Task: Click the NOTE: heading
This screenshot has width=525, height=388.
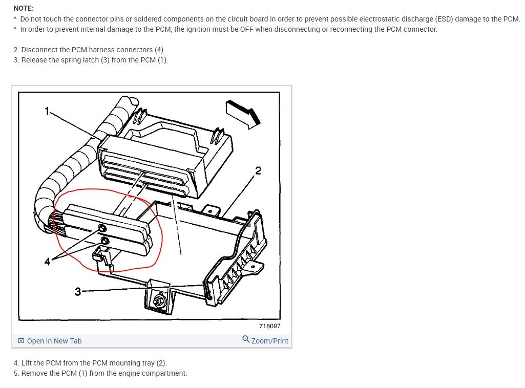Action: [x=24, y=8]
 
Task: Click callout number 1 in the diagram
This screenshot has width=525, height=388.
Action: [x=47, y=111]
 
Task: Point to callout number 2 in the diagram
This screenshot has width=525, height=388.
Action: [x=258, y=170]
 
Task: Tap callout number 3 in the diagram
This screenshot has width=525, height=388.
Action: [x=78, y=292]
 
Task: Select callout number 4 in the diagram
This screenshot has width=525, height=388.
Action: [x=47, y=261]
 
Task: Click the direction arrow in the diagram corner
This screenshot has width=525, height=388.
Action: [x=243, y=114]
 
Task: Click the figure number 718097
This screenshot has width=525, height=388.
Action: [x=270, y=326]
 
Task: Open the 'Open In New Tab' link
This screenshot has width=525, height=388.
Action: [x=54, y=341]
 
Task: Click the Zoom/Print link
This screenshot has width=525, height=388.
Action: [x=269, y=341]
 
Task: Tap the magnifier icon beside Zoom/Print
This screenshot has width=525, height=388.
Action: [x=246, y=339]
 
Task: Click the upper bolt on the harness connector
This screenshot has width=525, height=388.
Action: [x=102, y=228]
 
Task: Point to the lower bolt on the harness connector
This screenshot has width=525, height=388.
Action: [x=105, y=241]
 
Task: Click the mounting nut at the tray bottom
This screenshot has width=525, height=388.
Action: [x=157, y=300]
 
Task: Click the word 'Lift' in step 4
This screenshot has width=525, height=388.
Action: [x=26, y=363]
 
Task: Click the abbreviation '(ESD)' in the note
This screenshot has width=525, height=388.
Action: [x=444, y=19]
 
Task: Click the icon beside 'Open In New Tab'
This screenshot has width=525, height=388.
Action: [x=21, y=341]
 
